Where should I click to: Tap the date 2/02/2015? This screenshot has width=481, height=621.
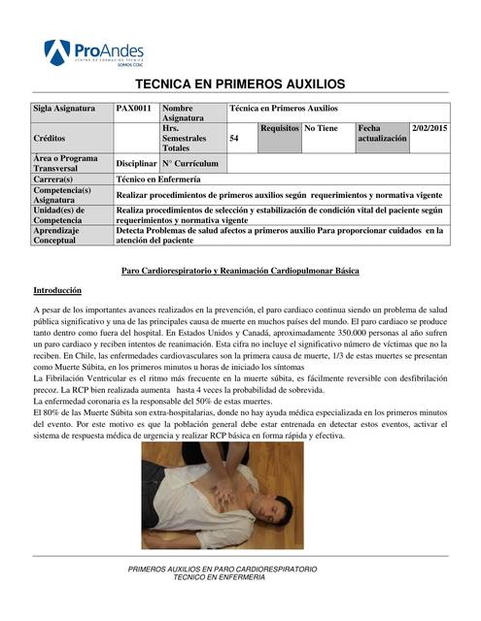pos(429,128)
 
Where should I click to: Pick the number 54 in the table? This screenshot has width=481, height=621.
pos(234,140)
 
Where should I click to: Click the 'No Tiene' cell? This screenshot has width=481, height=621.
pos(321,128)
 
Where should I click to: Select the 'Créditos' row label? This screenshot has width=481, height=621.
pos(52,140)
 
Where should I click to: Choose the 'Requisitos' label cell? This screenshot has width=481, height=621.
pos(280,128)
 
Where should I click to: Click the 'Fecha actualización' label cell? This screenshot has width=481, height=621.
pos(382,134)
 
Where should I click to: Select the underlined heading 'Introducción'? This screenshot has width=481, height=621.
pos(57,290)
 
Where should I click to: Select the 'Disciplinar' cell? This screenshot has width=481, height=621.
pos(136,164)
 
